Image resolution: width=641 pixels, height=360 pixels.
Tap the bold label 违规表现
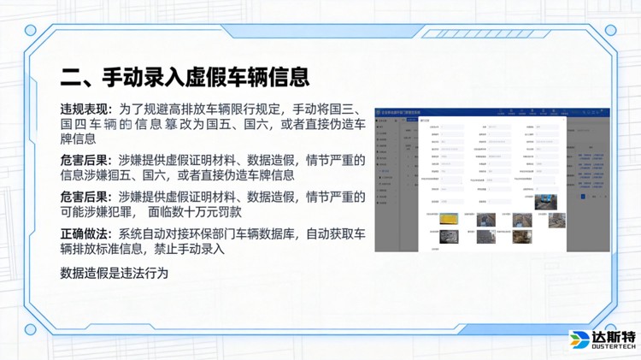85,109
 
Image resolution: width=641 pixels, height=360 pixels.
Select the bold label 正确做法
85,234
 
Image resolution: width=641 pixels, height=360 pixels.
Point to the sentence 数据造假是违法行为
115,274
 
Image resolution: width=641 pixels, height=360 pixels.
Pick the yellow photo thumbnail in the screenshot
450,219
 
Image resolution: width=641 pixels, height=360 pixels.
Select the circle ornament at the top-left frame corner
31,31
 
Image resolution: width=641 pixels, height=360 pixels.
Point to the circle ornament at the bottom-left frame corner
31,329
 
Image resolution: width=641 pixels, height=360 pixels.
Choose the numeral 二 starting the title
70,78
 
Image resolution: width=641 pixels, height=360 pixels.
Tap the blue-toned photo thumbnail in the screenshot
545,203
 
